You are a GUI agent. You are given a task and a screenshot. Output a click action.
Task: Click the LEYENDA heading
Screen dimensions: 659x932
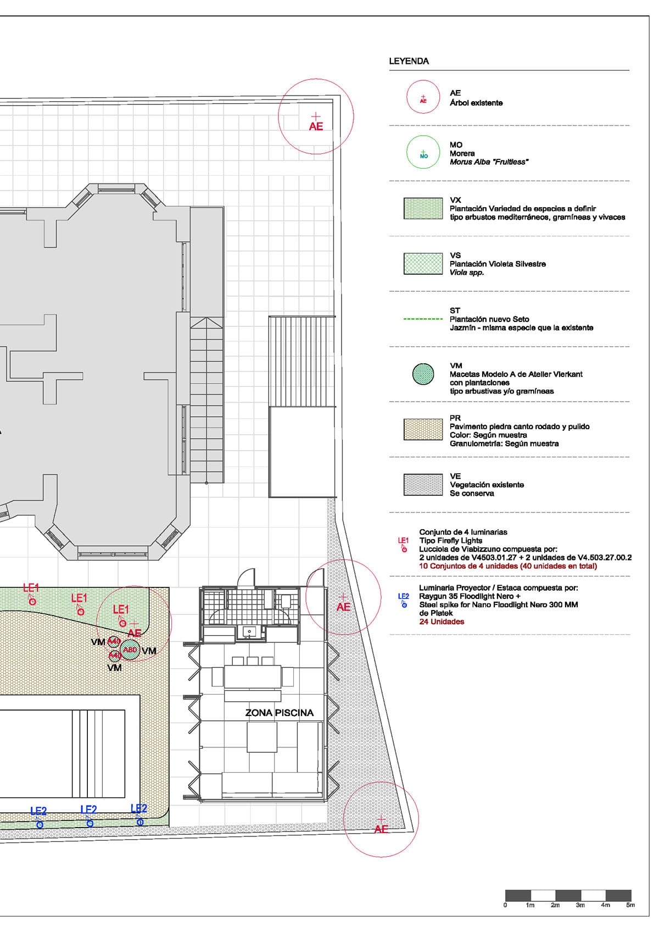pyautogui.click(x=409, y=61)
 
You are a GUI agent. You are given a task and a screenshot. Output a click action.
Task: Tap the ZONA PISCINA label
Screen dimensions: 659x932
pyautogui.click(x=279, y=713)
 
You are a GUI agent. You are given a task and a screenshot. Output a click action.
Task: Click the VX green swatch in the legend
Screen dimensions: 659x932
pyautogui.click(x=423, y=208)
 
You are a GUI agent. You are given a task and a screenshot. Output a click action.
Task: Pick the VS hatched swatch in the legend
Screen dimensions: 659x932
pyautogui.click(x=423, y=264)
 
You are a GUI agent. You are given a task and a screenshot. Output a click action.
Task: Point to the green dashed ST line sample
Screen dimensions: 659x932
pyautogui.click(x=423, y=319)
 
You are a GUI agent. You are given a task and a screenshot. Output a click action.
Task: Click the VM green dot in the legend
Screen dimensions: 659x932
pyautogui.click(x=423, y=374)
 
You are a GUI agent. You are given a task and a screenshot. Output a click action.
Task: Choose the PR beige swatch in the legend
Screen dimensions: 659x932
pyautogui.click(x=423, y=429)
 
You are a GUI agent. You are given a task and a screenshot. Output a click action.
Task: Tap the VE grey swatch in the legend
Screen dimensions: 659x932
pyautogui.click(x=423, y=485)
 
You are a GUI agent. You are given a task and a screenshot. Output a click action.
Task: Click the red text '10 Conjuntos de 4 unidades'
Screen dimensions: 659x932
pyautogui.click(x=468, y=566)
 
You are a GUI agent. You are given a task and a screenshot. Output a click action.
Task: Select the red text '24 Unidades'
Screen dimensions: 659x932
pyautogui.click(x=442, y=622)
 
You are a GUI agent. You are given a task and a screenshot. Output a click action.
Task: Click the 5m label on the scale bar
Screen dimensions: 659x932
pyautogui.click(x=630, y=905)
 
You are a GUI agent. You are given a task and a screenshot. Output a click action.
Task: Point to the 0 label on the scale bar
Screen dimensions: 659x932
pyautogui.click(x=505, y=905)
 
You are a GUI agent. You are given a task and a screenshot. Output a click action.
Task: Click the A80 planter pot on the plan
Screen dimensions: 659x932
pyautogui.click(x=130, y=650)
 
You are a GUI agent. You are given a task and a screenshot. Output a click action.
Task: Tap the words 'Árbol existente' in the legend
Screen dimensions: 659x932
pyautogui.click(x=476, y=103)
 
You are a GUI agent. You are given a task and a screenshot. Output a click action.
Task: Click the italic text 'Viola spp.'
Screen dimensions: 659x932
pyautogui.click(x=466, y=273)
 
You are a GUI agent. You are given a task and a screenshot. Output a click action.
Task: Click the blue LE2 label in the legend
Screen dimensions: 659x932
pyautogui.click(x=403, y=596)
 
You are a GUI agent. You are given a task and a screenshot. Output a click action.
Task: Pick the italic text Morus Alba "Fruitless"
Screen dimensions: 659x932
pyautogui.click(x=489, y=162)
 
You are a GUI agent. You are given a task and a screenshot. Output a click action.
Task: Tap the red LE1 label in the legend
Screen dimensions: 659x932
pyautogui.click(x=403, y=541)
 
